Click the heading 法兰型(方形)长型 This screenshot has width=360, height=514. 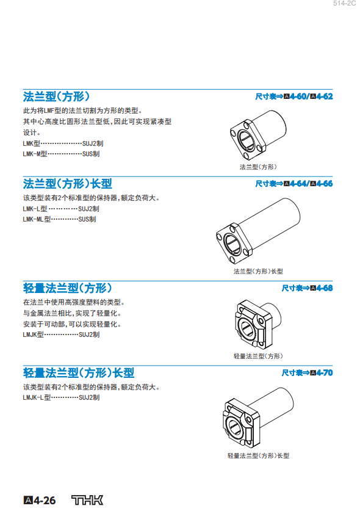[x=68, y=184]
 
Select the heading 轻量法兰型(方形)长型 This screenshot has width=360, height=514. [x=79, y=373]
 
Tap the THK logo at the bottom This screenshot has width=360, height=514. [x=87, y=500]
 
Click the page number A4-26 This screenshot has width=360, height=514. [x=40, y=501]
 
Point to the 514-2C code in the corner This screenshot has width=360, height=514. [x=344, y=3]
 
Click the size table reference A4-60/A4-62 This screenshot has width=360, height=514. [x=294, y=96]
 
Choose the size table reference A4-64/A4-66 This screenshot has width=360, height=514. [x=294, y=184]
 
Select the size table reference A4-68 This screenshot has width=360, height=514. [x=307, y=288]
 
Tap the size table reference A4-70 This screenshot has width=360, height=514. [x=307, y=373]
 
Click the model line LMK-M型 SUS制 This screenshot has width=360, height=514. [x=61, y=154]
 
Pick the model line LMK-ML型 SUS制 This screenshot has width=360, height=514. [x=59, y=219]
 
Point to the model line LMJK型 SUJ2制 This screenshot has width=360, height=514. [x=61, y=335]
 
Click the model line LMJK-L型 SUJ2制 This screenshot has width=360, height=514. [x=61, y=397]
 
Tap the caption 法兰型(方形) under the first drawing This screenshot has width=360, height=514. [x=258, y=167]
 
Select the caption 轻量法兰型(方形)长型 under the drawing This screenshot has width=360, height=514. [x=258, y=455]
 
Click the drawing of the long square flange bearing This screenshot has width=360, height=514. [x=258, y=231]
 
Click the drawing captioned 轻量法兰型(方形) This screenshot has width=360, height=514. [x=258, y=325]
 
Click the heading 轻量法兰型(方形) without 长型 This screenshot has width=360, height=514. [x=68, y=288]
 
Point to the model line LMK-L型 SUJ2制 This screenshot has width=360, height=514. [x=61, y=209]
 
